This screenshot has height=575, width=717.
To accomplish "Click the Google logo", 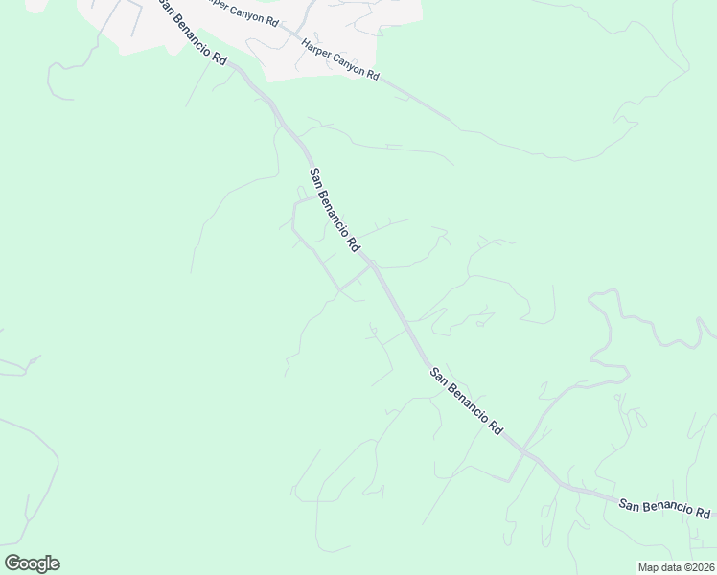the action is coord(32,563).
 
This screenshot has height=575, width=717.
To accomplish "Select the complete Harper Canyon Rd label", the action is coord(340,59).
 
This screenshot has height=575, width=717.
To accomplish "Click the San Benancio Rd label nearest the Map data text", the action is coord(663,507).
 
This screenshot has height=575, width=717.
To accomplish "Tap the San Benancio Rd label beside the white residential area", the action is coord(192,34).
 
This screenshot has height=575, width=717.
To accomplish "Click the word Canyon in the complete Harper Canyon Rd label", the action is coord(344,61).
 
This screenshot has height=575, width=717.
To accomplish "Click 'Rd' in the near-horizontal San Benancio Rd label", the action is coord(703,513).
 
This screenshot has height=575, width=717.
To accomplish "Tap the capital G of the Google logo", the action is coord(12,563).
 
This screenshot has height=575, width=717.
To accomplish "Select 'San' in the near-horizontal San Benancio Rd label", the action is coord(628,502).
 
